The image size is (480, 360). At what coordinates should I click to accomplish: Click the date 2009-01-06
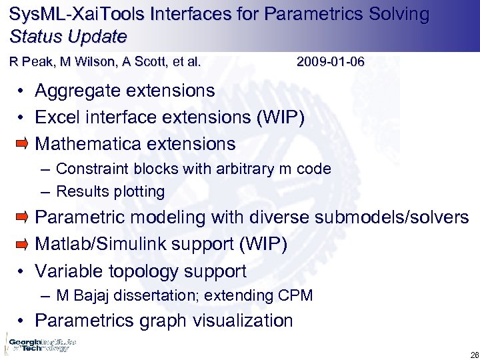click(331, 63)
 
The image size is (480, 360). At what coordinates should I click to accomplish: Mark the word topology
click(141, 271)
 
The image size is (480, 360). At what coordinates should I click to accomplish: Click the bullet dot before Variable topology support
click(22, 272)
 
